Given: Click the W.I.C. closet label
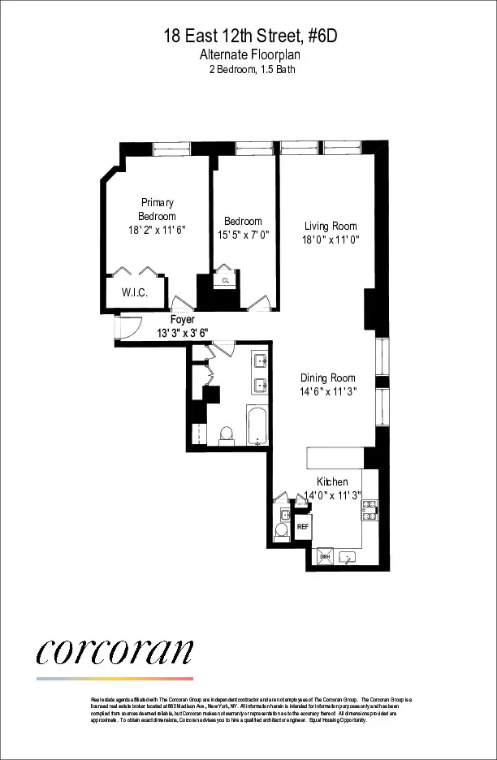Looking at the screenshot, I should pos(134,293).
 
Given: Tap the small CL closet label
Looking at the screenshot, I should pos(225,281).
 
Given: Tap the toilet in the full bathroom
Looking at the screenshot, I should pos(227,434).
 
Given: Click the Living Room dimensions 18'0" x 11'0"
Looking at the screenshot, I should pos(331,240).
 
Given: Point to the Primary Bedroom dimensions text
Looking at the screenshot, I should pos(157,231).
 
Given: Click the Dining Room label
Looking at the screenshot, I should pos(328,378).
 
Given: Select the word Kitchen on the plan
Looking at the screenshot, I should pos(332,481).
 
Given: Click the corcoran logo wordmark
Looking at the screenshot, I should pos(115,650).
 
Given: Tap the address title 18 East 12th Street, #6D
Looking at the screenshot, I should pos(248,37).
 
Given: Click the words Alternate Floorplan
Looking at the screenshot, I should pos(248,54).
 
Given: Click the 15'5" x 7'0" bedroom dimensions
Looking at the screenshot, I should pos(243,235).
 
